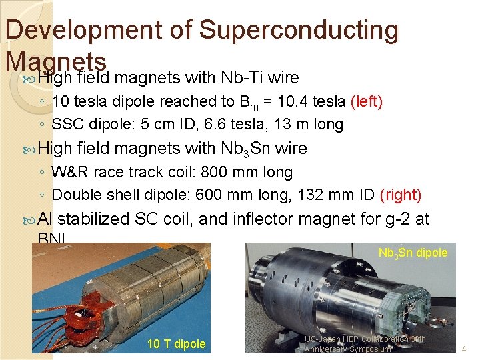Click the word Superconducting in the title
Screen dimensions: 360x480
point(299,30)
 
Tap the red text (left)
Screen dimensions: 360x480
point(366,102)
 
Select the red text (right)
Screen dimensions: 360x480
point(400,195)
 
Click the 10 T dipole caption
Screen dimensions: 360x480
point(176,344)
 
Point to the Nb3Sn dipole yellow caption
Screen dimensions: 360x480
point(413,253)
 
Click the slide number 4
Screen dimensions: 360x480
point(464,348)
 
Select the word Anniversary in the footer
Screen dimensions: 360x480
point(329,349)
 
